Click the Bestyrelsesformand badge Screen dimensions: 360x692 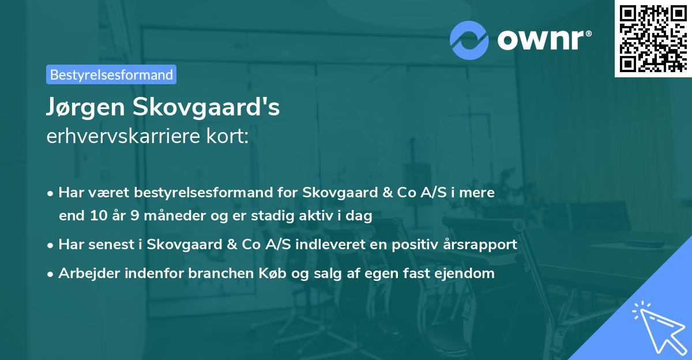[x=111, y=74]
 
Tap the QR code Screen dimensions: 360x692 [x=653, y=39]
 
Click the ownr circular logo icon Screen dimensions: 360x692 [x=469, y=39]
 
